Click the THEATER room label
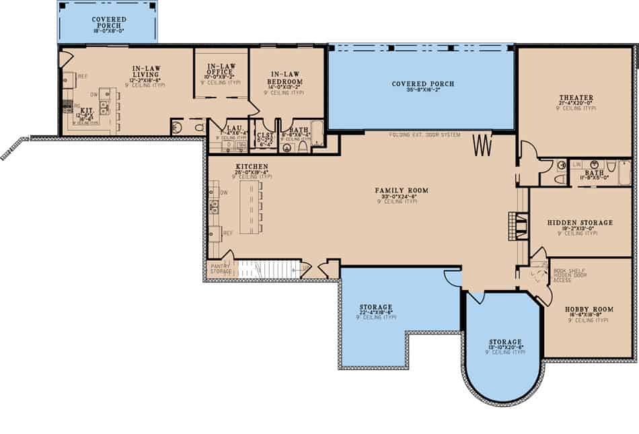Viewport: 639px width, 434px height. [x=576, y=98]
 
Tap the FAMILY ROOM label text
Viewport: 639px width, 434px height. [x=402, y=191]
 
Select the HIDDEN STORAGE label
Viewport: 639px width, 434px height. [x=580, y=222]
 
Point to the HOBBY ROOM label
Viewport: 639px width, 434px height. [x=589, y=309]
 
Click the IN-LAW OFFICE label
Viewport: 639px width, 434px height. [x=221, y=70]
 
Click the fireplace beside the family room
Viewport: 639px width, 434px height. [x=516, y=225]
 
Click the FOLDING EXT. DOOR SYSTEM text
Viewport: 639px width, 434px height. [x=424, y=135]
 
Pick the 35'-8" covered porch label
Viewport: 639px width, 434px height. [x=422, y=84]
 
